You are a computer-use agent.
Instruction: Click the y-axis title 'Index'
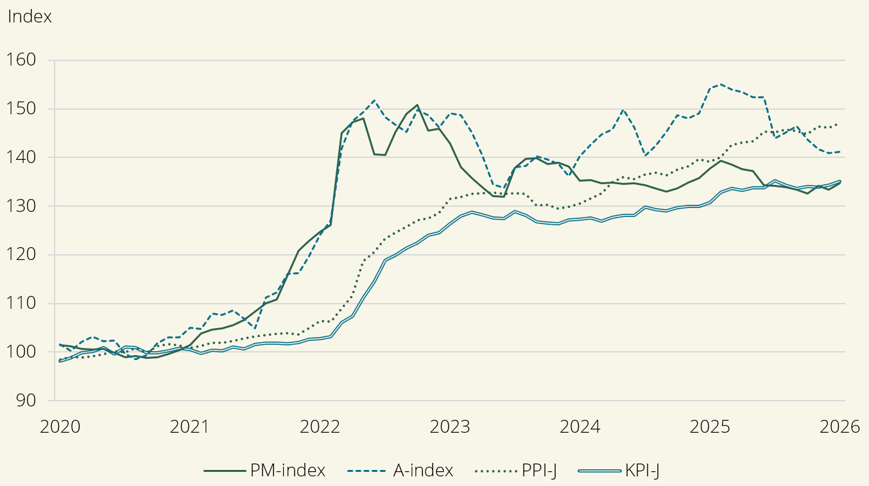[30, 17]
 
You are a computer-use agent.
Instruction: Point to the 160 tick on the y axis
[22, 60]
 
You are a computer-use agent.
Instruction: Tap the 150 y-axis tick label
[22, 109]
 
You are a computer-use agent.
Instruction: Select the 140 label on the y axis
[22, 158]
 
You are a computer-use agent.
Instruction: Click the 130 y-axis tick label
[22, 207]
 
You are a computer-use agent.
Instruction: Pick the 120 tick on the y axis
[22, 255]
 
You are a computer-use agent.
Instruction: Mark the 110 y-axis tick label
[22, 304]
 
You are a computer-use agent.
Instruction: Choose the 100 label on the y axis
[22, 352]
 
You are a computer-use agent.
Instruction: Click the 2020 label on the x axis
[60, 427]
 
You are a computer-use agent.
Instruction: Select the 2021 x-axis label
[191, 427]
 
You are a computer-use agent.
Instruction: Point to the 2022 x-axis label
[321, 427]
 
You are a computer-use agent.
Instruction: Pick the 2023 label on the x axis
[451, 427]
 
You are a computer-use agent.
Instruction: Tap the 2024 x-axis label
[581, 427]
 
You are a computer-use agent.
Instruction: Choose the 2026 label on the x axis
[839, 427]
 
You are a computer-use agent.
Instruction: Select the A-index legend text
[423, 471]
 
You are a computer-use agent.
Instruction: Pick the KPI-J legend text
[643, 471]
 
